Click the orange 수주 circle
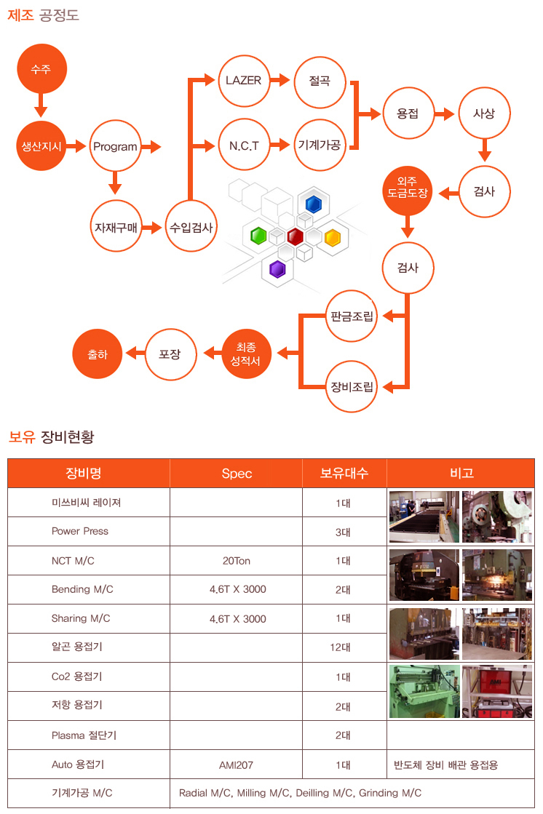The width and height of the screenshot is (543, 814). (41, 69)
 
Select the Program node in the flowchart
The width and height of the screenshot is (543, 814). (115, 146)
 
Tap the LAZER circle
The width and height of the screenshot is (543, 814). (243, 80)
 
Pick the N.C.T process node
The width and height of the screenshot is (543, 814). (243, 145)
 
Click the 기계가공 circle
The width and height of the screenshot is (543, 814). (320, 145)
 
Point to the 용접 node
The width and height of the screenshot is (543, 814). (408, 113)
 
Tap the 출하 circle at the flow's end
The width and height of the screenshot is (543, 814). (98, 354)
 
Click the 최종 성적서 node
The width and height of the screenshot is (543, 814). (245, 354)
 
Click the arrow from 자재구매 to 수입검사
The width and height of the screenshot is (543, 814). (152, 228)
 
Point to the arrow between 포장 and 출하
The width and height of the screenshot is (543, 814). (135, 354)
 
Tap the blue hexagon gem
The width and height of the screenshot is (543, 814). (314, 203)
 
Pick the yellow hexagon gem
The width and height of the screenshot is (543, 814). (332, 238)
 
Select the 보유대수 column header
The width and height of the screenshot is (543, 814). (344, 473)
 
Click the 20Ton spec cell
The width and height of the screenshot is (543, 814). (237, 561)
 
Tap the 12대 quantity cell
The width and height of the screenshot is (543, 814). (343, 647)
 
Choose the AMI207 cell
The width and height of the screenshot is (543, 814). (237, 765)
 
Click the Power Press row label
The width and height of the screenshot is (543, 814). (80, 531)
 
